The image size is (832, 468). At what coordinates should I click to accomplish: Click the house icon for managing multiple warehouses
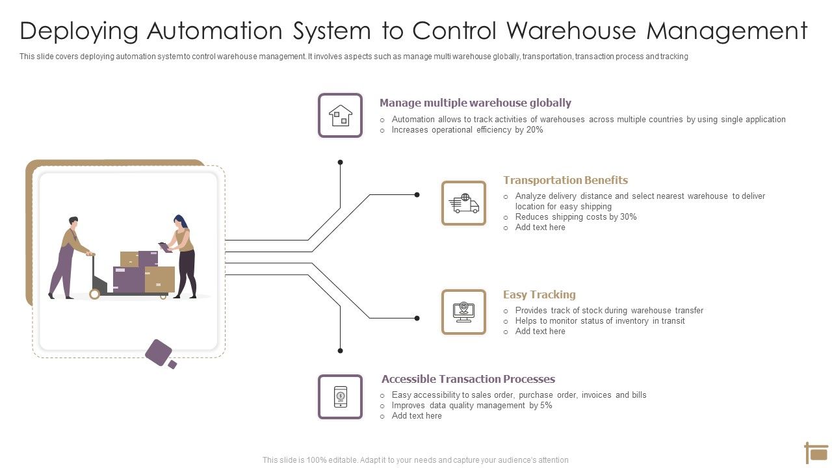point(340,116)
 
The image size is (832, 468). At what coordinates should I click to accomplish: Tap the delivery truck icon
point(463,203)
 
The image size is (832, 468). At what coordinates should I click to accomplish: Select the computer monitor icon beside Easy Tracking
point(463,312)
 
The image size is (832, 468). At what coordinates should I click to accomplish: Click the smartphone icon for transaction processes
point(340,396)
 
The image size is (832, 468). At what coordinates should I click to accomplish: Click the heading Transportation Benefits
point(565,180)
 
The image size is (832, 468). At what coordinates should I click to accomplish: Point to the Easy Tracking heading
point(539,294)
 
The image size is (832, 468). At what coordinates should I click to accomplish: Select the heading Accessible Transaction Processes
point(468,379)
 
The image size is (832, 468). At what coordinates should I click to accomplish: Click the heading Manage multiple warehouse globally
point(475,103)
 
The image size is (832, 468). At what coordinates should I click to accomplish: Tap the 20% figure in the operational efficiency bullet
point(534,130)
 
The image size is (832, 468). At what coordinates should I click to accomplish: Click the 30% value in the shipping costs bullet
point(628,217)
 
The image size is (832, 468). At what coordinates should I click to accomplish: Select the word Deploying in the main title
point(79,31)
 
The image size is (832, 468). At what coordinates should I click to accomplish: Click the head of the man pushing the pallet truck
point(73,222)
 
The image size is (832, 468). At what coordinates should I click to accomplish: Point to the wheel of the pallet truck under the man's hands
point(95,294)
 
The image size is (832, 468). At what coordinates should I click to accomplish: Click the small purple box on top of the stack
point(148,258)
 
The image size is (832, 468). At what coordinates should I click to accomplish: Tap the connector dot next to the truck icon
point(417,194)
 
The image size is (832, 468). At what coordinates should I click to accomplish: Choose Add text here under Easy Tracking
point(540,331)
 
